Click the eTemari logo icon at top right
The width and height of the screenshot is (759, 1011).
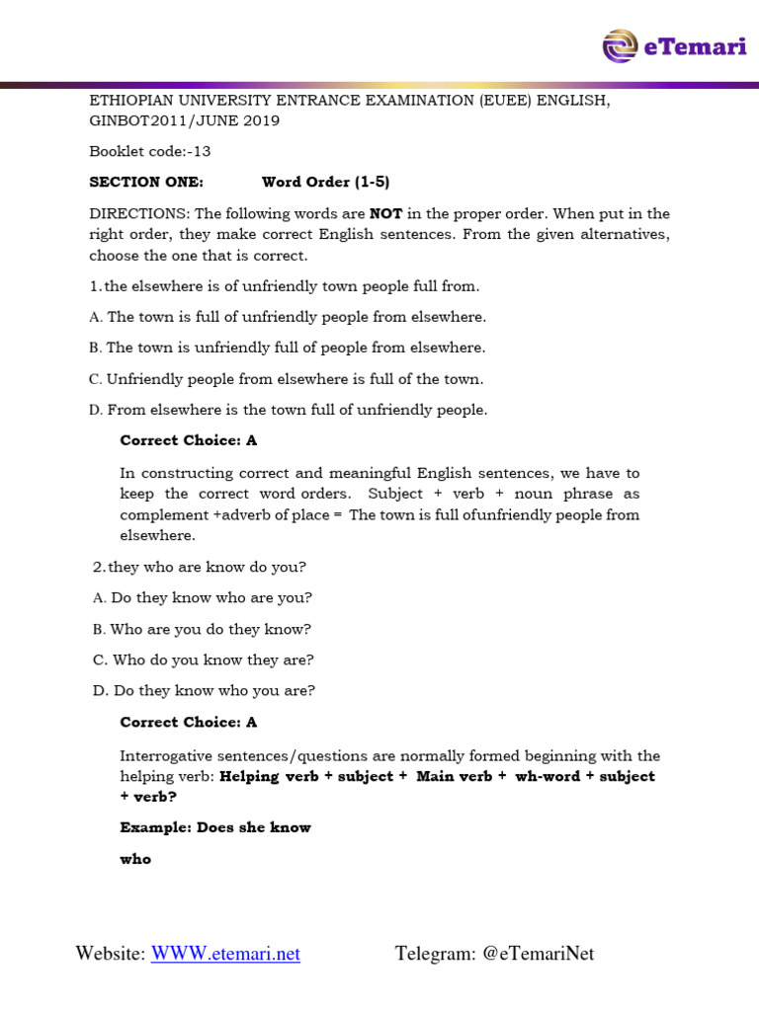(x=621, y=45)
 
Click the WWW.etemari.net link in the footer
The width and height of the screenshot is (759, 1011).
(x=225, y=954)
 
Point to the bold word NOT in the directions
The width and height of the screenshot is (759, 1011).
(x=386, y=213)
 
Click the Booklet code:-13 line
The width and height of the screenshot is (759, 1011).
(x=150, y=151)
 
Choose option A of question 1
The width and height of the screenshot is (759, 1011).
(x=288, y=317)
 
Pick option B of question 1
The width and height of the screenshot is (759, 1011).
(x=288, y=348)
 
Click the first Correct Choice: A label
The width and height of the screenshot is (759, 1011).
(x=188, y=440)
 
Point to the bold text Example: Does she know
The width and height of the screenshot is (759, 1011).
(x=215, y=827)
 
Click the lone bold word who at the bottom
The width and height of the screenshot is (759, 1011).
(x=135, y=859)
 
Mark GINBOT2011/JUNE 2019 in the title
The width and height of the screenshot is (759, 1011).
(x=185, y=120)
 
